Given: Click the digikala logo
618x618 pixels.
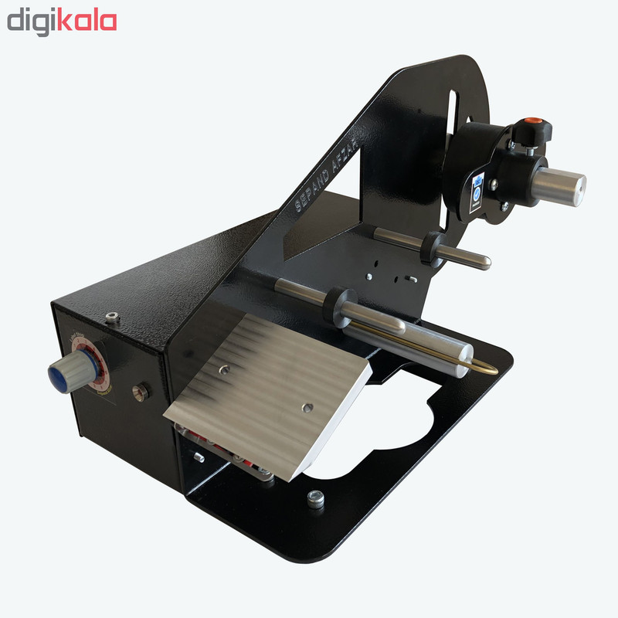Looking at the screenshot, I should click(x=62, y=21).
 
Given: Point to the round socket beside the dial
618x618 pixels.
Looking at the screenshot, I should click(x=141, y=392).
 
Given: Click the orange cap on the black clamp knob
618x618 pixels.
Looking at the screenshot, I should click(x=531, y=122).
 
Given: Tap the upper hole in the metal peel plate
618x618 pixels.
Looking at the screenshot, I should click(x=224, y=371).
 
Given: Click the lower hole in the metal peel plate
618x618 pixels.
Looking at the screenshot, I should click(x=307, y=406).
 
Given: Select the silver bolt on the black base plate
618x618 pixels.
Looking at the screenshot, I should click(x=315, y=498).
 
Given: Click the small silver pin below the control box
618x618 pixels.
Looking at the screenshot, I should click(x=199, y=457).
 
